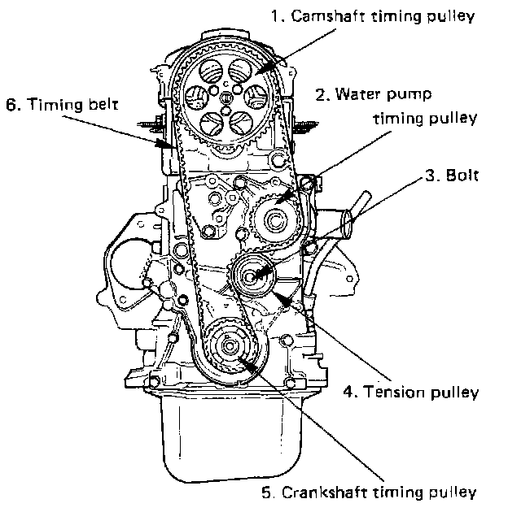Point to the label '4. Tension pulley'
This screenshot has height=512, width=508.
coord(409,392)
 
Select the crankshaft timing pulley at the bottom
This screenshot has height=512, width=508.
coord(227,349)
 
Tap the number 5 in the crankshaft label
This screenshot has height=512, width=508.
coord(266,492)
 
